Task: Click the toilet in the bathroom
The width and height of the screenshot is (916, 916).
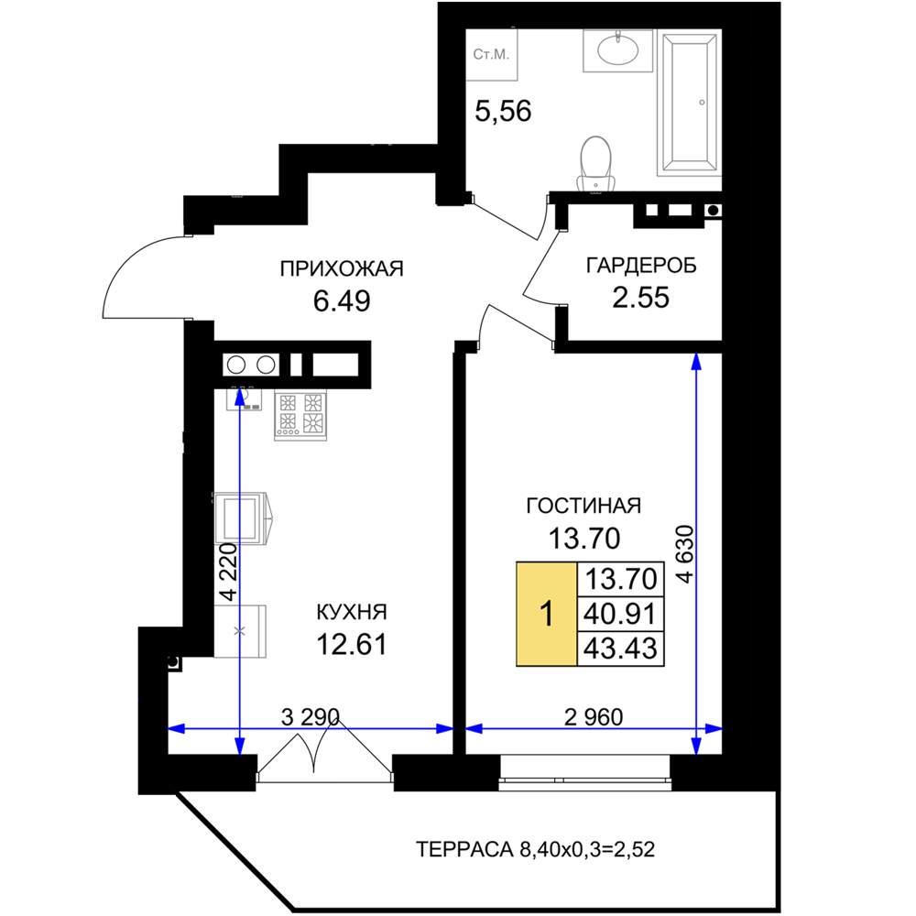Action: [596, 164]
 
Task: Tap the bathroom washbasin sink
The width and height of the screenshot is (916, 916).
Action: [618, 50]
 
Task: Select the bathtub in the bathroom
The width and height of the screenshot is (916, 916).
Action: [690, 103]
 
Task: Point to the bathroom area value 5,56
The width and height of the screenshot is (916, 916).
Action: [503, 111]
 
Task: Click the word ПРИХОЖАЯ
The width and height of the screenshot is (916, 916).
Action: [342, 268]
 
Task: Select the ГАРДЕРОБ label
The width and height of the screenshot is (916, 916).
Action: [641, 266]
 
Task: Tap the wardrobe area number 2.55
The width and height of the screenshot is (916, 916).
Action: [640, 298]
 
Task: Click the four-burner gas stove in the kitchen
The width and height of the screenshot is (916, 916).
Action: [300, 415]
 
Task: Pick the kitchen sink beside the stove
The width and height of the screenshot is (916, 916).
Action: [245, 398]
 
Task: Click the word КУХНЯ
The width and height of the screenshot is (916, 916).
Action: [352, 612]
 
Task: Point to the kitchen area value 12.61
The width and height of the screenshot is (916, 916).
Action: [352, 645]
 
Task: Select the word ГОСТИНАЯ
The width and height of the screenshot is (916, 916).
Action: [583, 506]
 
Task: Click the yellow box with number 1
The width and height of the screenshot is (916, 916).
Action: [546, 614]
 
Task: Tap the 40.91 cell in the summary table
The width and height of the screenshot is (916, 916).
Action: [620, 614]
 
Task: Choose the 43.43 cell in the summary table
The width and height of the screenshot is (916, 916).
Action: [620, 649]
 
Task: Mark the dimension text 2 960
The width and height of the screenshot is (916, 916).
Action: [594, 717]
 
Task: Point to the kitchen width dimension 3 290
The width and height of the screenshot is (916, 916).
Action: [311, 716]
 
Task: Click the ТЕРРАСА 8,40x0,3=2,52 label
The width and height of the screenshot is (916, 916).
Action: [535, 849]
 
